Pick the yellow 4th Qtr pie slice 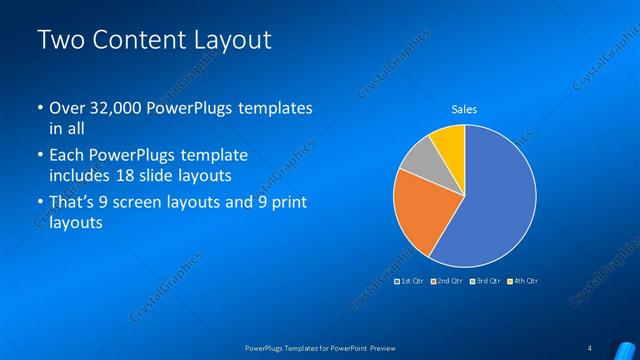pos(449,144)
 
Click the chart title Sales pos(464,108)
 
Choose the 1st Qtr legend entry pos(413,281)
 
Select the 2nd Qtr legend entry pos(450,281)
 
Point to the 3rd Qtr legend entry pos(488,281)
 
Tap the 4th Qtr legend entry pos(525,281)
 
